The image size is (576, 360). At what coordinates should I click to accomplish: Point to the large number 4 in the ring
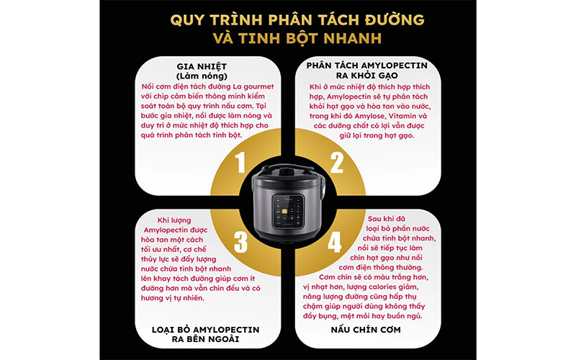point(336,240)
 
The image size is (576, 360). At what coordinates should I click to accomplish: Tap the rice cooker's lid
point(288,170)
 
